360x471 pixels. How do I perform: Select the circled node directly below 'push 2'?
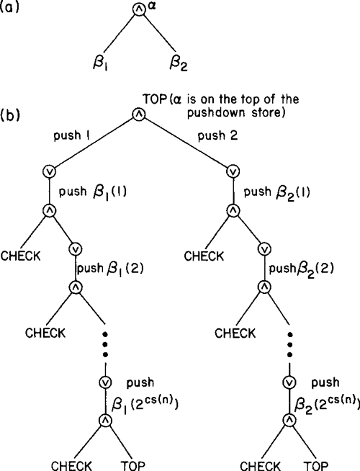(x=233, y=171)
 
